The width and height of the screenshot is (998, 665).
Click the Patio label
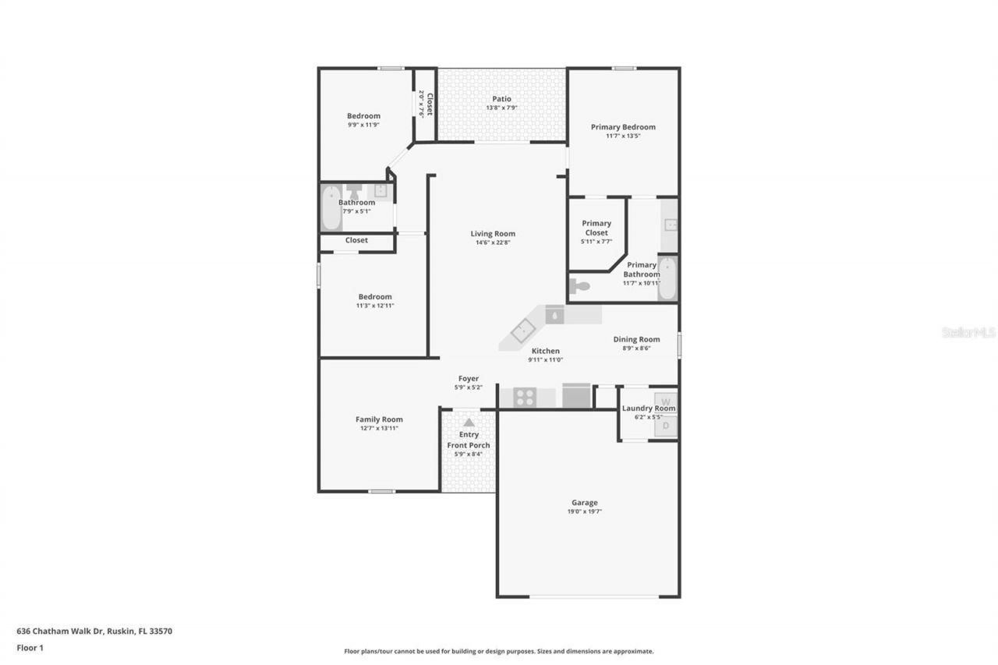(x=501, y=99)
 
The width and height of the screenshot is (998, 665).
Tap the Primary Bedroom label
(x=623, y=127)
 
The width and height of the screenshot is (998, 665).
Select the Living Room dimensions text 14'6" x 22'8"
(x=493, y=242)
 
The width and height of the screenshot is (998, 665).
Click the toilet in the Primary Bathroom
(x=580, y=286)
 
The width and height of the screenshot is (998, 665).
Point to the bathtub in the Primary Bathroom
(x=668, y=278)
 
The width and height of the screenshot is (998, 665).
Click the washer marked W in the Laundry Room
(x=665, y=400)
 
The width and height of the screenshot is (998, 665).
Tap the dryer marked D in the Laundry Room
(x=665, y=426)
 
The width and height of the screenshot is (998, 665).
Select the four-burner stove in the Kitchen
(x=525, y=398)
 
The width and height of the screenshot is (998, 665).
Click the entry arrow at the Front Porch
(x=469, y=422)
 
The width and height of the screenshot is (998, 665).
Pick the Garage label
(x=584, y=503)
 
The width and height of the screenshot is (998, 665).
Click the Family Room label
(x=379, y=419)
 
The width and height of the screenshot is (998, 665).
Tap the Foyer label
(x=469, y=379)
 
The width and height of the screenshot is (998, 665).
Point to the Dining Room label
(x=636, y=339)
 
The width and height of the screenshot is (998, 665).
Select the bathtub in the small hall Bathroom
(x=331, y=208)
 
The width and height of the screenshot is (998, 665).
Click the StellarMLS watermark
(x=968, y=332)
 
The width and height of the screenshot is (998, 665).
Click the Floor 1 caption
(x=30, y=647)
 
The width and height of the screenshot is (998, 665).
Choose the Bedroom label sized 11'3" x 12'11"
(x=375, y=297)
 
